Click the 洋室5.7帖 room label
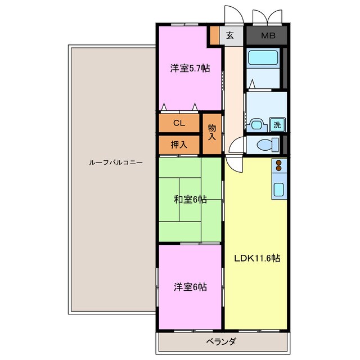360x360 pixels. tap(190, 69)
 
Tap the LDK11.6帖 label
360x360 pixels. tap(257, 258)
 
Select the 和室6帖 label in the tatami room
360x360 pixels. tap(190, 200)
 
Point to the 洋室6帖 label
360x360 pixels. tap(190, 287)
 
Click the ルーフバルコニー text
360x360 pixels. tap(116, 163)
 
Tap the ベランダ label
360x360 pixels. tap(220, 342)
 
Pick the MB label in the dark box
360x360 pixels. tap(268, 35)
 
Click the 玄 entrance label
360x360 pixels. tap(230, 35)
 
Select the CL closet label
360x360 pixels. tap(179, 123)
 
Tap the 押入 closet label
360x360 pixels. tap(179, 145)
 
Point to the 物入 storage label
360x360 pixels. tap(211, 133)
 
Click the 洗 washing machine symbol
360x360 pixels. tap(277, 125)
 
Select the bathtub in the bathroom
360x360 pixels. tap(263, 58)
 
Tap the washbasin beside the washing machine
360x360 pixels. tap(256, 125)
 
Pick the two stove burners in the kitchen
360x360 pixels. tap(279, 165)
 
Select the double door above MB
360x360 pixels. tap(267, 16)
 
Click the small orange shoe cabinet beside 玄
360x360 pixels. tap(215, 35)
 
